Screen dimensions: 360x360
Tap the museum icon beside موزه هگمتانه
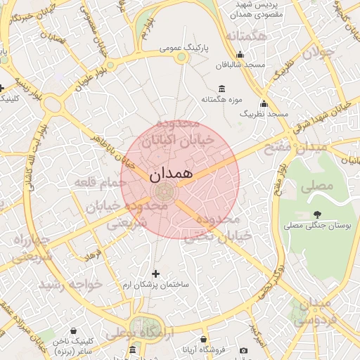[222, 89]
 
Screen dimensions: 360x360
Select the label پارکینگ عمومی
[181, 49]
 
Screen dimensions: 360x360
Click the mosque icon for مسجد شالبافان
[240, 55]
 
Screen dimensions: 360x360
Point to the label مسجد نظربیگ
[264, 112]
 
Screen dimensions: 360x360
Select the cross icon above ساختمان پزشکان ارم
[156, 273]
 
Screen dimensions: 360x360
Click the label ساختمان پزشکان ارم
[156, 285]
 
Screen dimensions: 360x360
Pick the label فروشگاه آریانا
[205, 350]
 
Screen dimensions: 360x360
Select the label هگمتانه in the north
[244, 35]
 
